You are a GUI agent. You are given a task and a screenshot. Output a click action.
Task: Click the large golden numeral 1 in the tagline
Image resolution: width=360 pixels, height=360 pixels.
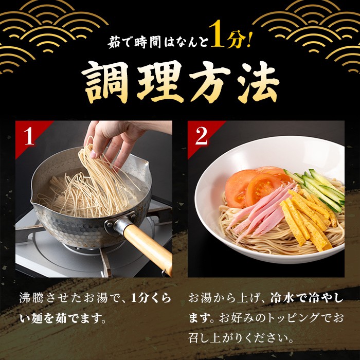click(217, 37)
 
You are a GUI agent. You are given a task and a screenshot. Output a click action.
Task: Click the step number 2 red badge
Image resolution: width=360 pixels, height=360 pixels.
click(201, 136)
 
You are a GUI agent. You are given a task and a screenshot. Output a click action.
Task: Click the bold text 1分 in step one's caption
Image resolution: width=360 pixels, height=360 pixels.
click(139, 298)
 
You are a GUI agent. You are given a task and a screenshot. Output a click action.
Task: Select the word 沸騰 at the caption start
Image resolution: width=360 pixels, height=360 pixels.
click(31, 298)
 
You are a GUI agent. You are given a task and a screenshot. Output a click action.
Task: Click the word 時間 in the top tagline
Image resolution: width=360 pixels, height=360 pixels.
click(148, 42)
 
